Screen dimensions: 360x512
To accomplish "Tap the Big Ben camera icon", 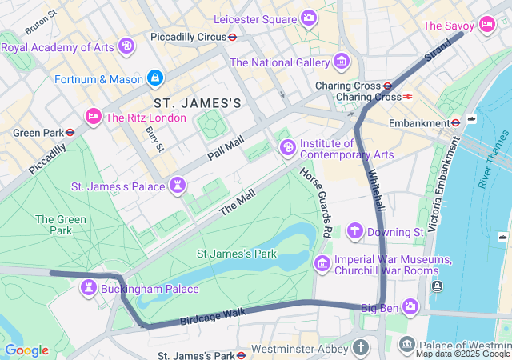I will click(x=410, y=306).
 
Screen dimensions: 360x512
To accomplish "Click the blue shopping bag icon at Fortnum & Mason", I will click(x=155, y=78).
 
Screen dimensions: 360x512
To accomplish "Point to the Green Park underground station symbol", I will click(x=70, y=133).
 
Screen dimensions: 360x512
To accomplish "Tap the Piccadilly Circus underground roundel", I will click(x=232, y=37).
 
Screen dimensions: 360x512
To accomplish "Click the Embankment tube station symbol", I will click(x=455, y=123).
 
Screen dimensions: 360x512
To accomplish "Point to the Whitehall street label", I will click(x=376, y=190).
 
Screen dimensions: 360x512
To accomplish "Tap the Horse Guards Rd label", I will click(x=317, y=202).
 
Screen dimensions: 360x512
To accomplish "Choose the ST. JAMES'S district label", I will click(x=197, y=103).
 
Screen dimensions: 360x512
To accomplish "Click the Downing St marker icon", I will click(x=355, y=232).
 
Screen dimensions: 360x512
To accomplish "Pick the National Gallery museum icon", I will click(x=342, y=62).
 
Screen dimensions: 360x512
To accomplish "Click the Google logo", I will click(x=26, y=350).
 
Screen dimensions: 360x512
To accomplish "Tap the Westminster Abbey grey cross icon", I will click(x=362, y=349).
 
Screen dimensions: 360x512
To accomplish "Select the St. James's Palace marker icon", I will click(x=178, y=186).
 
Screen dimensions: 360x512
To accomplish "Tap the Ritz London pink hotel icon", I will click(x=94, y=118).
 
